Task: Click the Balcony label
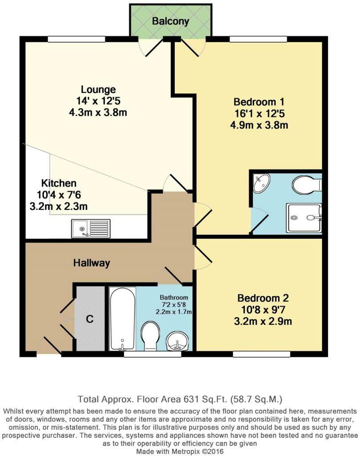coord(170,21)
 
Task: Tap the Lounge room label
coord(98,90)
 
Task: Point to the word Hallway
coord(91,263)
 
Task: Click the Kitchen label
coord(59,183)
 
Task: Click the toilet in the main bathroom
coord(150,335)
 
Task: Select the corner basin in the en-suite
coord(261,183)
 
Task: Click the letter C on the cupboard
coord(89,319)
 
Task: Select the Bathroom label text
coord(174,297)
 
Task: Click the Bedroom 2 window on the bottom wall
coord(261,354)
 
